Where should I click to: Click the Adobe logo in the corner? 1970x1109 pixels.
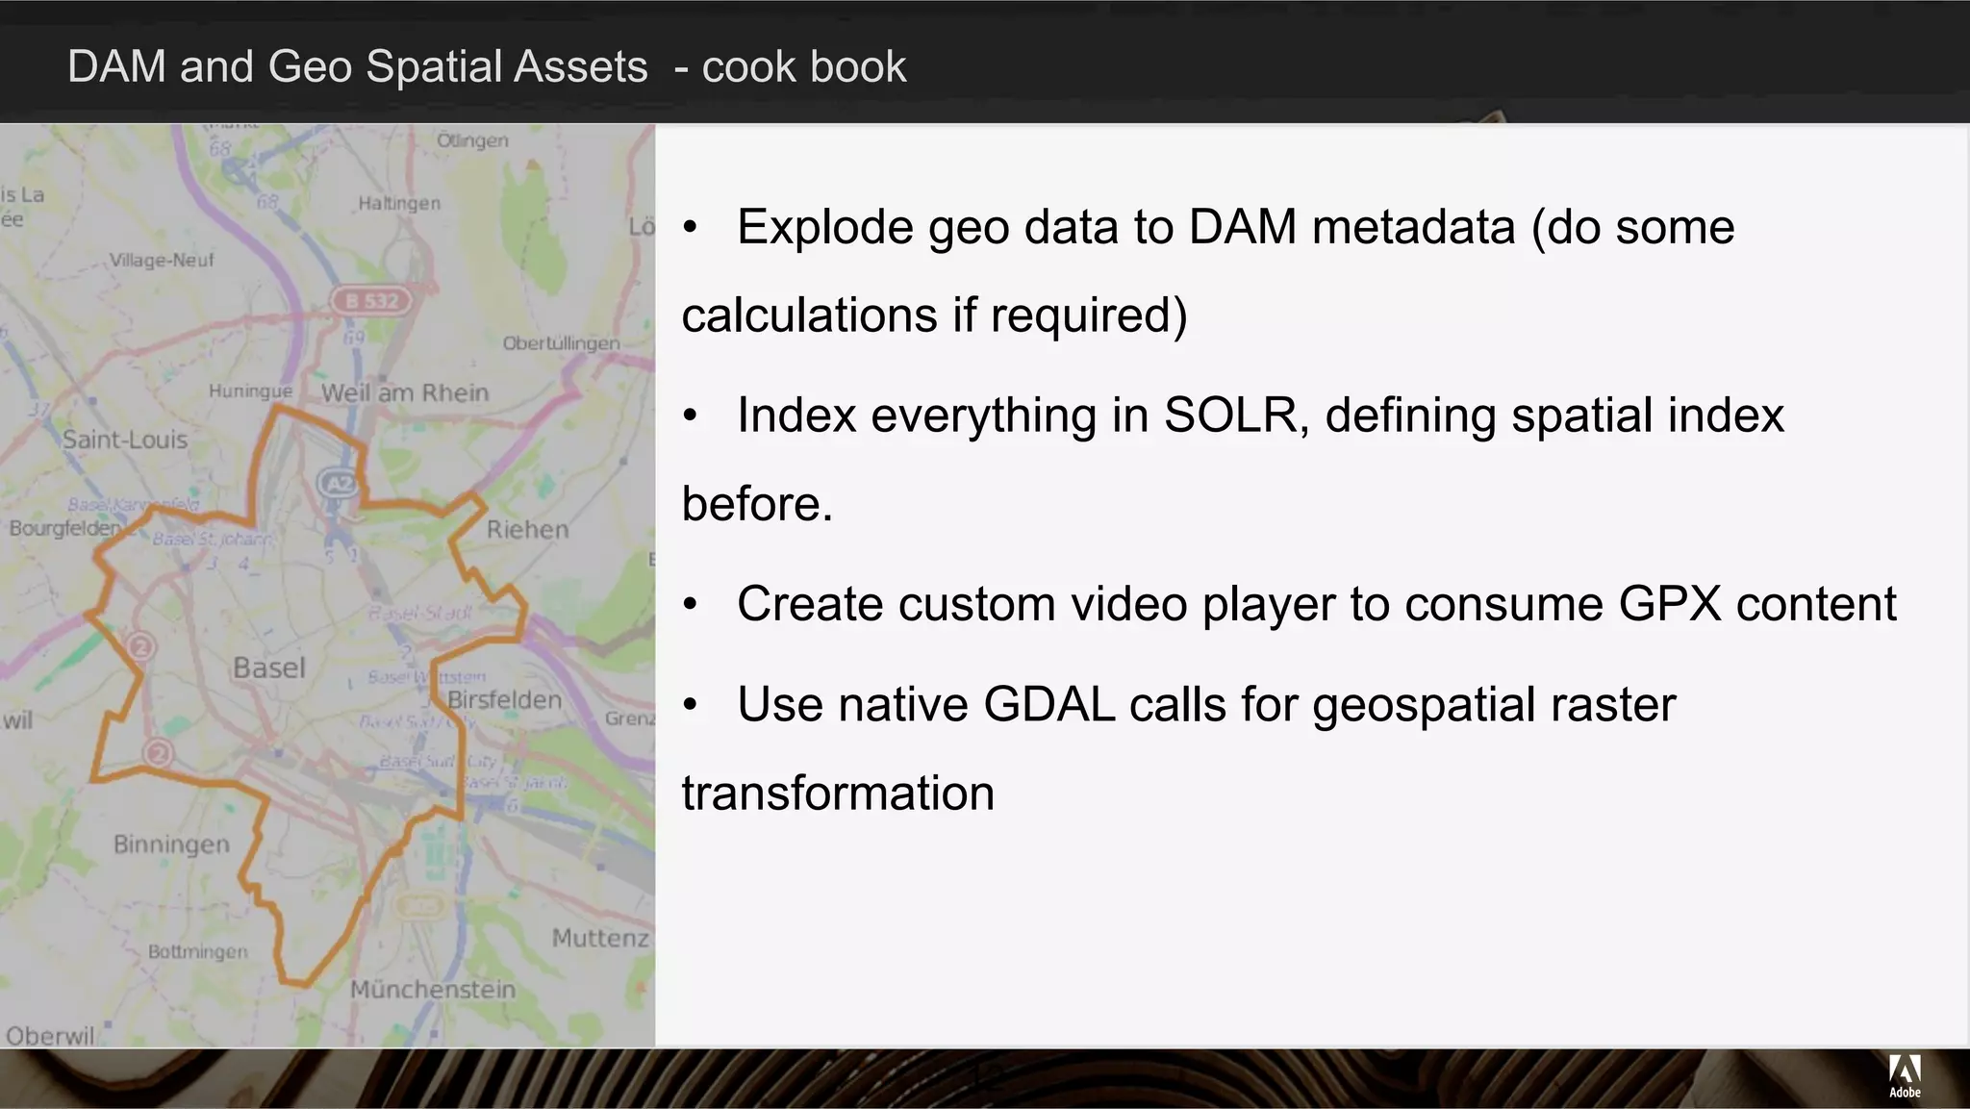tap(1905, 1075)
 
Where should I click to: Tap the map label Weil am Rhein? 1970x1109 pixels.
tap(405, 392)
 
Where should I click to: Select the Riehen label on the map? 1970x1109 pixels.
tap(527, 529)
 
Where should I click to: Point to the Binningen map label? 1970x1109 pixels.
tap(172, 844)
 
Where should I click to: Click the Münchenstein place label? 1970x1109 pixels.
tap(433, 989)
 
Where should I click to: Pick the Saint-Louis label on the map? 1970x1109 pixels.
tap(125, 440)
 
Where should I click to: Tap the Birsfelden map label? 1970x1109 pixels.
tap(505, 699)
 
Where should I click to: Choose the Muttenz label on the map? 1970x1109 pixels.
tap(600, 938)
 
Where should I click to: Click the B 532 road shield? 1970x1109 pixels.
tap(371, 301)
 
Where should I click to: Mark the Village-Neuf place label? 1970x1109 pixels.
tap(162, 260)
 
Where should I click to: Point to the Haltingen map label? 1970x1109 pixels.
tap(399, 203)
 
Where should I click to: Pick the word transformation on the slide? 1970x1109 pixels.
tap(838, 794)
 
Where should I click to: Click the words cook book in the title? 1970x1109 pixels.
tap(804, 67)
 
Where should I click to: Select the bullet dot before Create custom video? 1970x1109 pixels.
tap(690, 605)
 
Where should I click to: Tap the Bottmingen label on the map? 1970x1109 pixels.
tap(197, 951)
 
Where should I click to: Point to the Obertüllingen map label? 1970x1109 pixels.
tap(562, 343)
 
